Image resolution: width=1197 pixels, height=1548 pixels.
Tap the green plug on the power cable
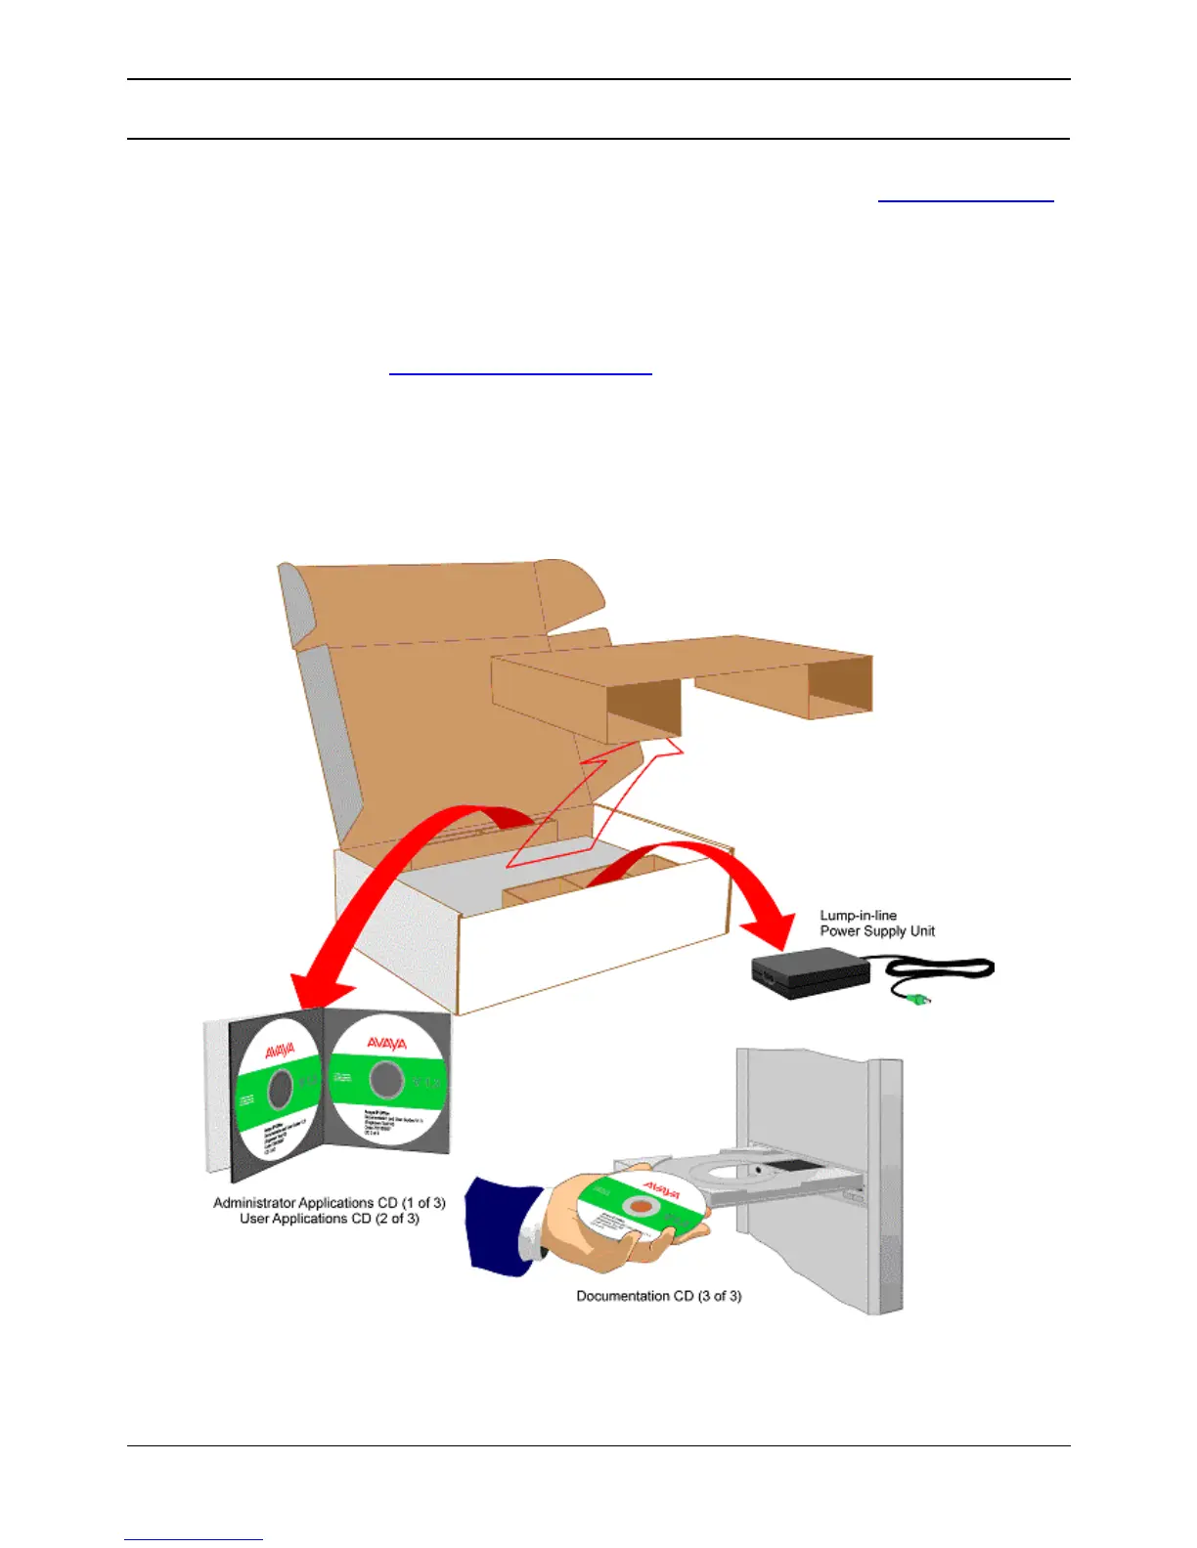(917, 1000)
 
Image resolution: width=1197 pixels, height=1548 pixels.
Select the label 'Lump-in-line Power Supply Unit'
(876, 924)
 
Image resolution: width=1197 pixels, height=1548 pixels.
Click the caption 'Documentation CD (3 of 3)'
(658, 1296)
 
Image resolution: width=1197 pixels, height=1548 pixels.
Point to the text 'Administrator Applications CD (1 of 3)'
(329, 1202)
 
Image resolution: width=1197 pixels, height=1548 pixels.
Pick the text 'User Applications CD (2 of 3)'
(329, 1219)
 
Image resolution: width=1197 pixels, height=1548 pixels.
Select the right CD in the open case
(385, 1081)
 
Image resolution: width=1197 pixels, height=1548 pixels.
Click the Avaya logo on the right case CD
(386, 1044)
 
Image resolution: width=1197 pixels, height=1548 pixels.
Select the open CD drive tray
(773, 1173)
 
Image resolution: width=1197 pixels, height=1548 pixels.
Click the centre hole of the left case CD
(280, 1087)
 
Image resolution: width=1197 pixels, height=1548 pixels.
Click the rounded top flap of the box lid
(572, 586)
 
